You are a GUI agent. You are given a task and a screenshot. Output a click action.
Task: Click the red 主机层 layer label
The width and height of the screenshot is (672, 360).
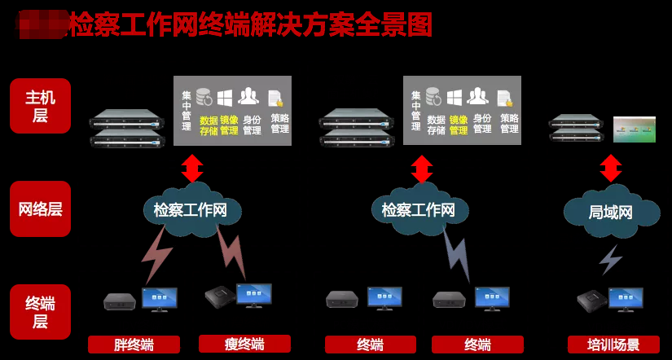40,105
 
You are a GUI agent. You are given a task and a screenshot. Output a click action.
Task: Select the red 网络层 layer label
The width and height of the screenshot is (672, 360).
40,209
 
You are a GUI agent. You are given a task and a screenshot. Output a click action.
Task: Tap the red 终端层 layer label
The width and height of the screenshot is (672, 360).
40,312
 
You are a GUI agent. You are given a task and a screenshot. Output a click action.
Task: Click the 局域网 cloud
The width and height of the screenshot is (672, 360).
611,213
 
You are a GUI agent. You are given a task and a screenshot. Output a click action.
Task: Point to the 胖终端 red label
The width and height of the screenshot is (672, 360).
134,345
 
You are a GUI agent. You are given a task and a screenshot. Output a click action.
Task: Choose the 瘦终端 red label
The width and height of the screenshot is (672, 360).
244,344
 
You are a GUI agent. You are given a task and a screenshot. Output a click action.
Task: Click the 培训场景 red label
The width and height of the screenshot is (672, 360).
613,345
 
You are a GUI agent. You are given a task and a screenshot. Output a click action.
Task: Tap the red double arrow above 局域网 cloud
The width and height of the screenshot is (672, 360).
611,168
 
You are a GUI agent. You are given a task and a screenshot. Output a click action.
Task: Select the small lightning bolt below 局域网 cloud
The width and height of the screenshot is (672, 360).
610,259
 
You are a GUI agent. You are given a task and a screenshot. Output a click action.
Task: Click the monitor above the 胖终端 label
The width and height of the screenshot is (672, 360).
159,299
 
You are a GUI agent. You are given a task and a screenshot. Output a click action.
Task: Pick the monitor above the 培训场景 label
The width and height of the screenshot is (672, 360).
626,299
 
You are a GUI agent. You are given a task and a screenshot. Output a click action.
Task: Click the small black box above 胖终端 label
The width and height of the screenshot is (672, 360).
120,302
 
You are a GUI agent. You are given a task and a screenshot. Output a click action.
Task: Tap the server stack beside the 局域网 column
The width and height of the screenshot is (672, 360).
577,127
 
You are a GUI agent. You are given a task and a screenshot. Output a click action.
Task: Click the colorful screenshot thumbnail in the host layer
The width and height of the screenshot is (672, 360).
634,130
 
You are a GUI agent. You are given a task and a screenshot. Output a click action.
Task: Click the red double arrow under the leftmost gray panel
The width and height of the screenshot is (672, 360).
192,168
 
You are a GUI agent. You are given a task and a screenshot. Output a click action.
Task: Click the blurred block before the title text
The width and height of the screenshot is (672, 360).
42,24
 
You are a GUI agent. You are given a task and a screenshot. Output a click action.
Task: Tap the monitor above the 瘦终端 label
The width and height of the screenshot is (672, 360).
253,295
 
